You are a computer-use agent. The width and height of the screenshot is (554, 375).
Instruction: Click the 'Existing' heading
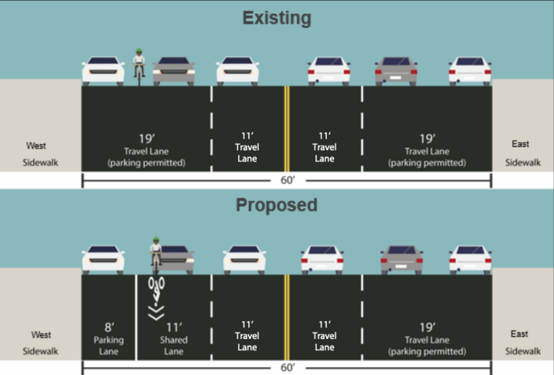(x=277, y=18)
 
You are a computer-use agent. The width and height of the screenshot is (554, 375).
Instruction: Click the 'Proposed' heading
(x=277, y=205)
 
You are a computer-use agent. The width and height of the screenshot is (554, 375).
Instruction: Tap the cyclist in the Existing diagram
(x=139, y=67)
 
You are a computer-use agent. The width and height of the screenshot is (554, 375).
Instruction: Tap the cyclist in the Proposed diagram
(x=156, y=255)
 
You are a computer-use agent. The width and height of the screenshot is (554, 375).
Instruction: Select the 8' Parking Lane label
(x=108, y=338)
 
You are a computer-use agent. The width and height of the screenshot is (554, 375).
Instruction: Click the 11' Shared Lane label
(x=173, y=338)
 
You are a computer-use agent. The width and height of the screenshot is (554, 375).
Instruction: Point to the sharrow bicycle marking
(x=156, y=299)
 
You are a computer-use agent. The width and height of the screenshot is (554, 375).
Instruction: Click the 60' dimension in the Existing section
(x=288, y=180)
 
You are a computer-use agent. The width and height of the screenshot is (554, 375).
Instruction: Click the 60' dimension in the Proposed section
(x=288, y=367)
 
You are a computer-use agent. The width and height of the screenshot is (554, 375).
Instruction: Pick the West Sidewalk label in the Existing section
(x=40, y=154)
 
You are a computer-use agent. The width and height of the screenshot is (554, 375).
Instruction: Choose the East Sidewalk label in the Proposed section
(x=523, y=342)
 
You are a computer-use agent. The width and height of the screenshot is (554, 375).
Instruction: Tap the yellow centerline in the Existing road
(x=287, y=129)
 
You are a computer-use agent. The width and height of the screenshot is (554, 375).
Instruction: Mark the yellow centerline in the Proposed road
(x=287, y=317)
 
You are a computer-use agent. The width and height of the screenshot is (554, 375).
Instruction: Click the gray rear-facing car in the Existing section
(x=396, y=71)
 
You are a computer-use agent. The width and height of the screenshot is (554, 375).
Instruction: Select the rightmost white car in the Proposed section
(x=470, y=260)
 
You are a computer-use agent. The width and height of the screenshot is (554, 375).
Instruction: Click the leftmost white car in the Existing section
(x=103, y=71)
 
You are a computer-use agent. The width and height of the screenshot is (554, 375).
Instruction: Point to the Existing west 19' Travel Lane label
(x=146, y=150)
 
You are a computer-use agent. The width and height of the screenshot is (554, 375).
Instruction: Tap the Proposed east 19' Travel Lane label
(x=427, y=339)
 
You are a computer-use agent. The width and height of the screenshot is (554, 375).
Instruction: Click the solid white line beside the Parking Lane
(x=136, y=317)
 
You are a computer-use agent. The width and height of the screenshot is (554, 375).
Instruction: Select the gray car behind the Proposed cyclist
(x=176, y=260)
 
